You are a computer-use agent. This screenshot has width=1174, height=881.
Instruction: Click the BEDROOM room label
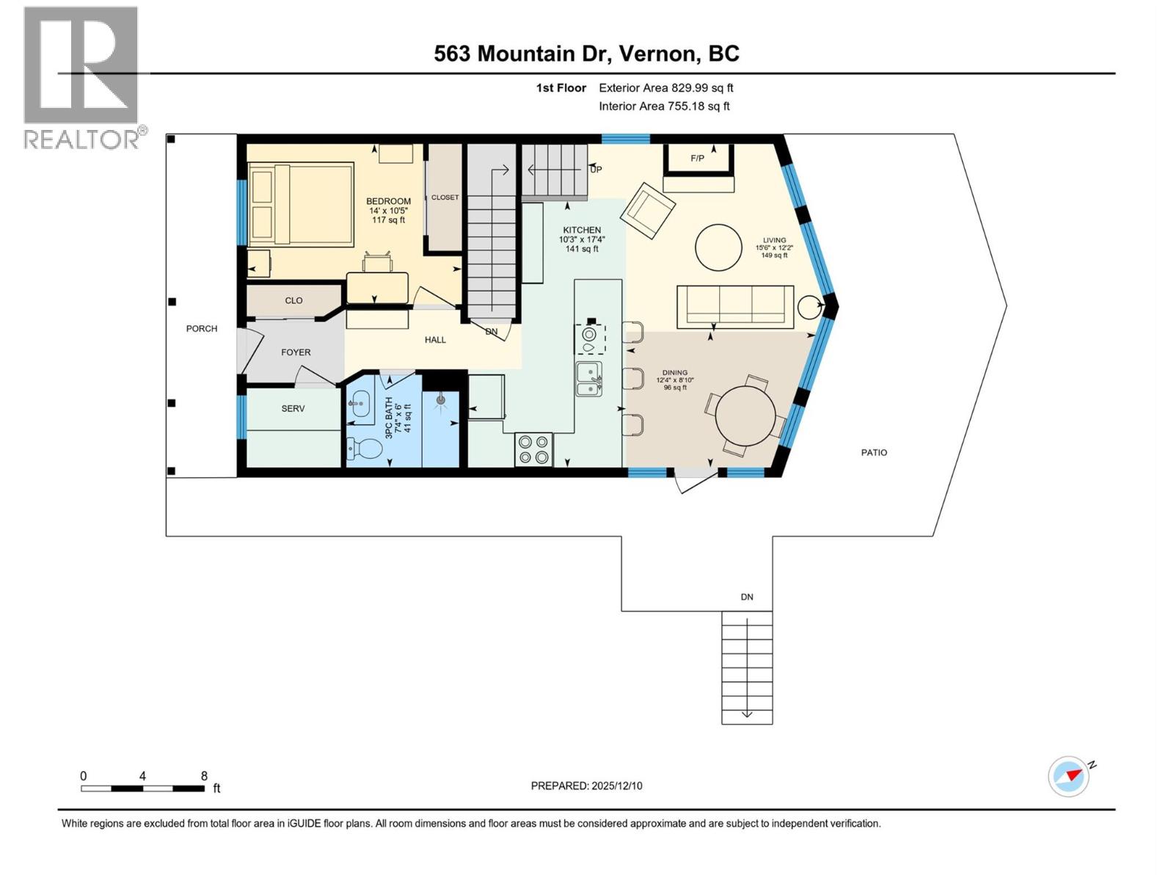point(388,201)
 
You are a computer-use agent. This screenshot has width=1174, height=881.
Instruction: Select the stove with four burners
point(533,449)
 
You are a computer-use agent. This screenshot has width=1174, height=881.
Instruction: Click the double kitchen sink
point(588,380)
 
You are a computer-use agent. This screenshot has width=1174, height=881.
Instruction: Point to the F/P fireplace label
point(697,159)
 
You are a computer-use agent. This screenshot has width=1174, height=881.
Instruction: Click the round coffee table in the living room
point(718,247)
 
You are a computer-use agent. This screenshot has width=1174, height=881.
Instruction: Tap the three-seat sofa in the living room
point(734,306)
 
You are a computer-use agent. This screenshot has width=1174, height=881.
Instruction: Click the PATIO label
point(874,453)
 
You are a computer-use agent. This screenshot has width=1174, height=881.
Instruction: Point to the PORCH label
point(201,329)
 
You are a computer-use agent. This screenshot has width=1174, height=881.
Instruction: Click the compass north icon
point(1069,776)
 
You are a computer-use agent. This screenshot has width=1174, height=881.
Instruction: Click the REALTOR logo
point(82,77)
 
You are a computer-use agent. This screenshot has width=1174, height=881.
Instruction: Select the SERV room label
point(293,409)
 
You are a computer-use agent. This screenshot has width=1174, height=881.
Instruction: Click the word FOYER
point(296,352)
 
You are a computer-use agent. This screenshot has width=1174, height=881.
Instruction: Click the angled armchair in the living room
point(648,210)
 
